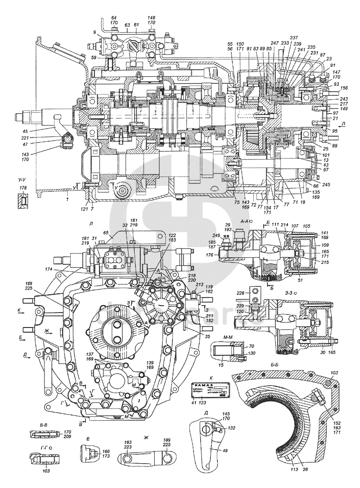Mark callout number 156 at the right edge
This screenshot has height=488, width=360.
344,88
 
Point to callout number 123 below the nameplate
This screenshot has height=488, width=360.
202,401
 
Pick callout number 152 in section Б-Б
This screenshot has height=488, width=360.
337,422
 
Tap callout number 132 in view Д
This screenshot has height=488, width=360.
232,428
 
